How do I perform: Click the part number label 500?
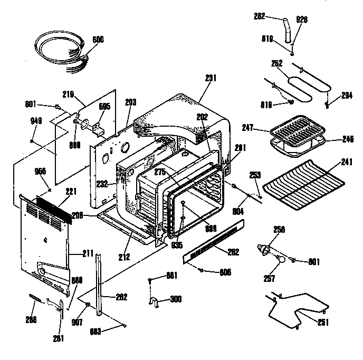pyautogui.click(x=98, y=39)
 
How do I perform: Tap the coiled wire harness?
pyautogui.click(x=58, y=49)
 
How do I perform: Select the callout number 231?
pyautogui.click(x=211, y=78)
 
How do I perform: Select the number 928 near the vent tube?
pyautogui.click(x=302, y=19)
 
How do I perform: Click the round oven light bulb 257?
pyautogui.click(x=282, y=260)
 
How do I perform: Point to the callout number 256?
pyautogui.click(x=279, y=230)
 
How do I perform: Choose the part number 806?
pyautogui.click(x=226, y=272)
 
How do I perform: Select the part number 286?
pyautogui.click(x=32, y=319)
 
